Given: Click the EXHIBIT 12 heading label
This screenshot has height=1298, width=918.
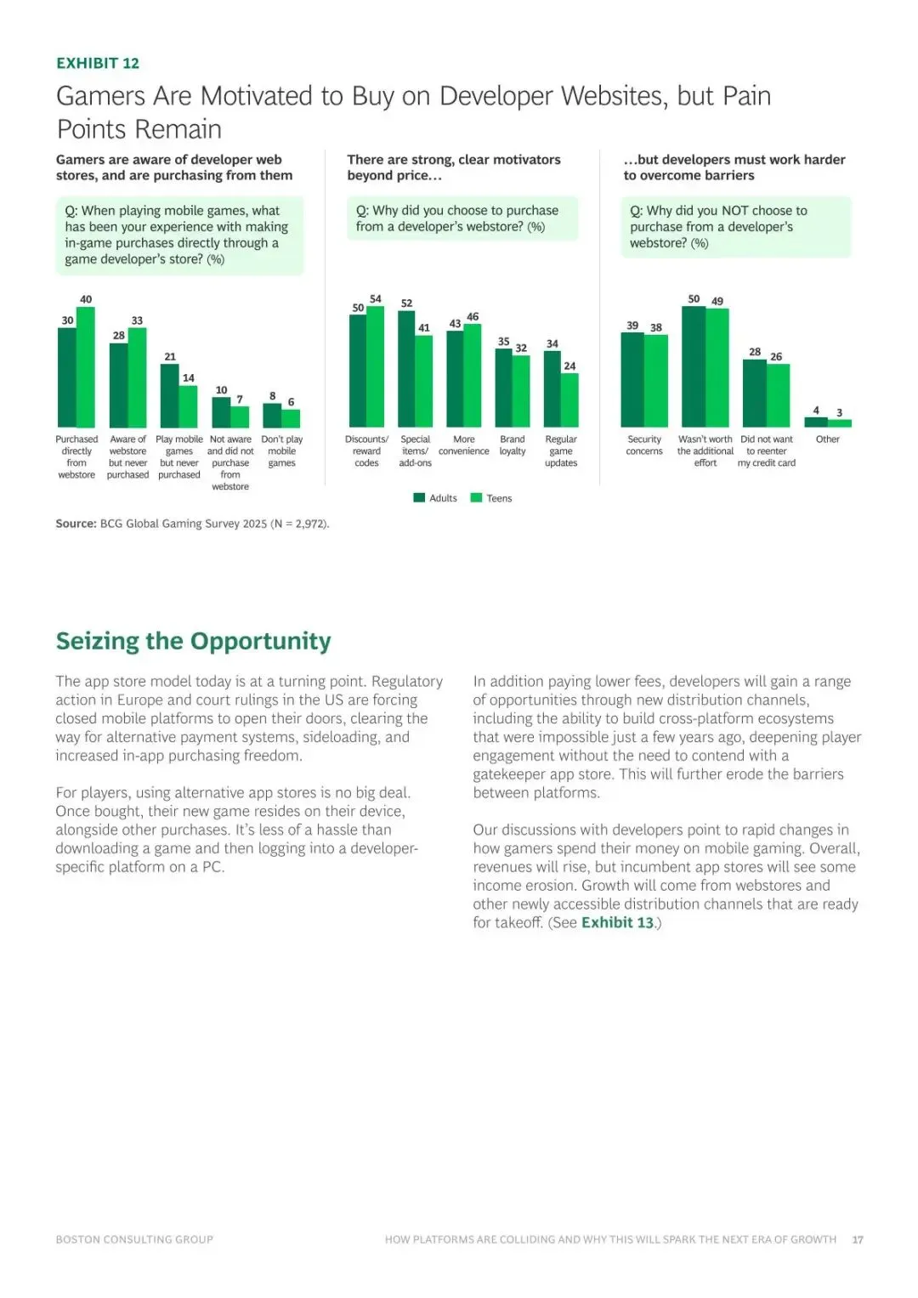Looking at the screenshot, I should [x=98, y=63].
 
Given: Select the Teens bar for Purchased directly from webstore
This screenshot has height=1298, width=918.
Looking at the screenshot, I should [x=86, y=367].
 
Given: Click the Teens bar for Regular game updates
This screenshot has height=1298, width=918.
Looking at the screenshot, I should [x=569, y=400].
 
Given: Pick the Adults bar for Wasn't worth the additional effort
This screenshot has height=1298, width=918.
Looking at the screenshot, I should [x=694, y=366].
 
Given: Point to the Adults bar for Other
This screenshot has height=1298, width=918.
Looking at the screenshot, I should [x=816, y=422].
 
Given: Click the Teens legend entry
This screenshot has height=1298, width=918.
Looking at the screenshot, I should [x=492, y=498].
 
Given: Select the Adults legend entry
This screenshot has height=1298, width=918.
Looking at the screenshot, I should [x=435, y=498].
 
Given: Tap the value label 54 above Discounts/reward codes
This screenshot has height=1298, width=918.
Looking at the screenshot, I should [x=376, y=299].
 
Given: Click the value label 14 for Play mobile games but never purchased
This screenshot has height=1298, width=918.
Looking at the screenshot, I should [x=189, y=378].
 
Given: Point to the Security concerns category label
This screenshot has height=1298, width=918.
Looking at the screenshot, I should [x=644, y=445].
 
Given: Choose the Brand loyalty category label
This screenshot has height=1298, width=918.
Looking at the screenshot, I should [x=513, y=445].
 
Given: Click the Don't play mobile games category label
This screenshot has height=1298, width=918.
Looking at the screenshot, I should [x=282, y=451].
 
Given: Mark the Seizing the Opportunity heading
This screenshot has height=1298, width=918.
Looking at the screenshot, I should [x=193, y=641].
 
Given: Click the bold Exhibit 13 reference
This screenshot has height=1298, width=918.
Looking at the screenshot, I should [x=618, y=923].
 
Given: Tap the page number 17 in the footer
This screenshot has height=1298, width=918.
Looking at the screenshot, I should [x=858, y=1240].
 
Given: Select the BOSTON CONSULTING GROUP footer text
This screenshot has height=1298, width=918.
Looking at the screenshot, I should [x=134, y=1240].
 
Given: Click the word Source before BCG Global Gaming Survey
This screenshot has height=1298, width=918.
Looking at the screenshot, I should [x=76, y=524].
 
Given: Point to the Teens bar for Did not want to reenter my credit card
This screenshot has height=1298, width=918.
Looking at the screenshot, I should [x=779, y=395].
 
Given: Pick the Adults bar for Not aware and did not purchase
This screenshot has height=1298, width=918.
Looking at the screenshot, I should [x=221, y=412].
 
